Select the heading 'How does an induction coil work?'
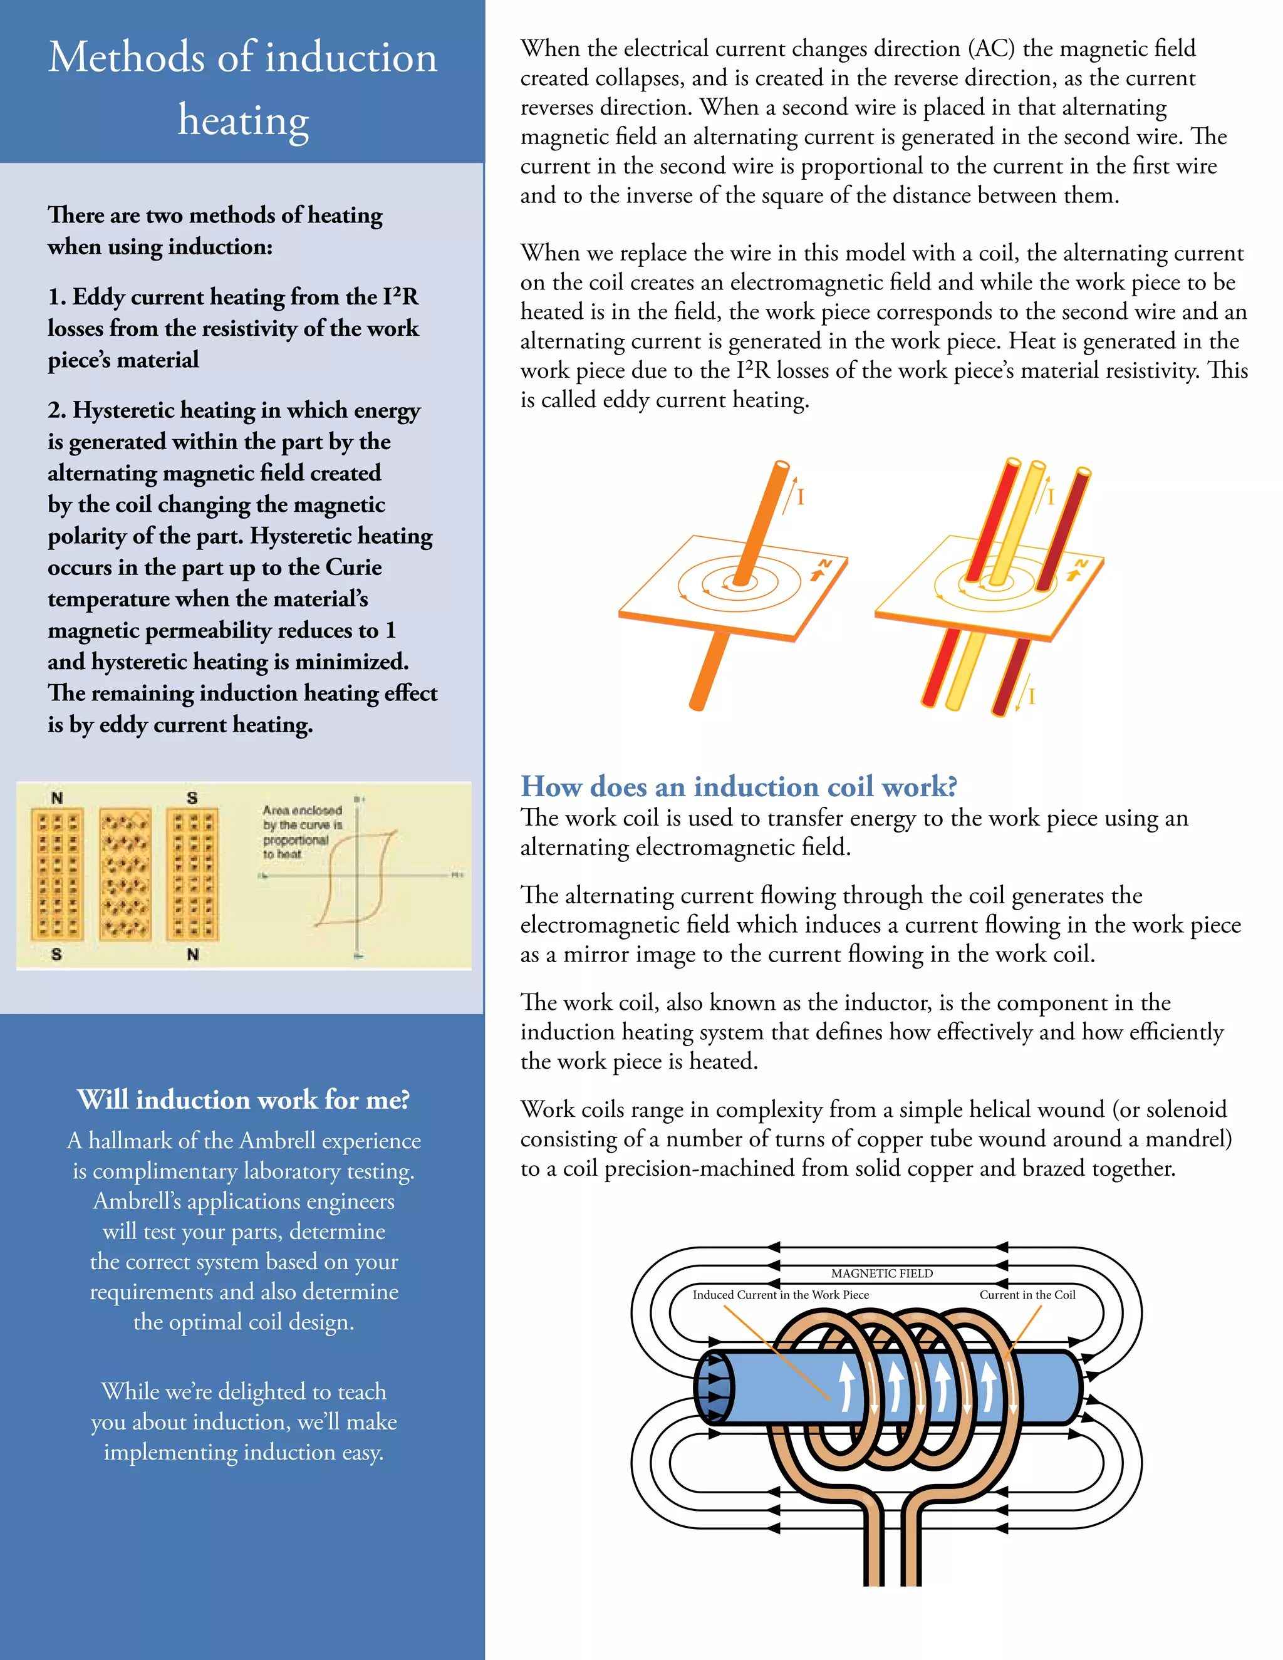point(738,786)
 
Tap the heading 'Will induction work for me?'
point(243,1099)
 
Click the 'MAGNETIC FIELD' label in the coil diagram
point(881,1273)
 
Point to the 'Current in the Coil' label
point(1027,1294)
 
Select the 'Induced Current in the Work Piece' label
point(780,1294)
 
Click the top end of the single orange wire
point(781,465)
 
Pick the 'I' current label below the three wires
point(1031,696)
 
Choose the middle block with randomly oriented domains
point(125,874)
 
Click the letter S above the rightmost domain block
point(192,797)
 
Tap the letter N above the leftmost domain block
point(57,797)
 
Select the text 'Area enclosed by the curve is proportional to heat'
point(302,831)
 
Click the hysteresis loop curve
point(357,878)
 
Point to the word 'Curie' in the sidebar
point(353,567)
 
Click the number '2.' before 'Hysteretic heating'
point(57,410)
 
